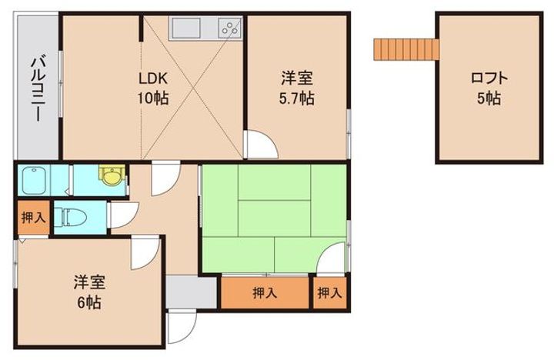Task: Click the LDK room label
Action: point(152,78)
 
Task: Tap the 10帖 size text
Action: point(152,98)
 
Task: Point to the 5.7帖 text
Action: point(297,98)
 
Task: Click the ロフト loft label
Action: point(489,78)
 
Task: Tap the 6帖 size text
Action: point(89,303)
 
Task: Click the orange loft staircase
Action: point(406,49)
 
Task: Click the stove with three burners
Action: point(230,28)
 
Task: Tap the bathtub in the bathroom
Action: point(34,181)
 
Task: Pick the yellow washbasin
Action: point(112,175)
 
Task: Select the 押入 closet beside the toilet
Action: point(34,218)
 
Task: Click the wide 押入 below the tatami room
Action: point(265,292)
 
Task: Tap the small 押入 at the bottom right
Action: point(329,292)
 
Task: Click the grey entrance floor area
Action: point(191,292)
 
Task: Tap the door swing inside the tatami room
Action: point(330,258)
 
